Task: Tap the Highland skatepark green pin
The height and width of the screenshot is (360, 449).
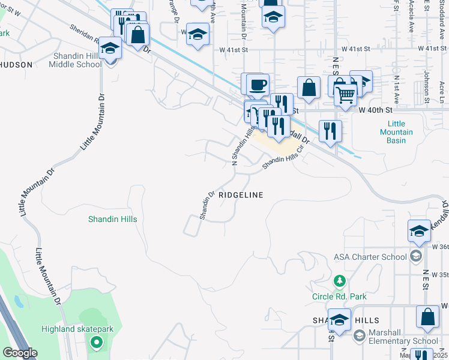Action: [95, 343]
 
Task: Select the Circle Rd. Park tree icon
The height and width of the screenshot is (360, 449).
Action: [340, 281]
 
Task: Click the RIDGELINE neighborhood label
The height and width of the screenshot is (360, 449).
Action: [241, 195]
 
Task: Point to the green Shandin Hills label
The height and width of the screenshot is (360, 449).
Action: [113, 219]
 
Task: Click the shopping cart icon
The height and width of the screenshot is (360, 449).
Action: [345, 94]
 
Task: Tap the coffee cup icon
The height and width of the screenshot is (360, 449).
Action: [258, 84]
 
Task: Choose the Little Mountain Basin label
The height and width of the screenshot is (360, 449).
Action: [396, 132]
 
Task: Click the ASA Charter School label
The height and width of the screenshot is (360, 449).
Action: [370, 257]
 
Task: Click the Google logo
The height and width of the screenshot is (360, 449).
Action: [20, 352]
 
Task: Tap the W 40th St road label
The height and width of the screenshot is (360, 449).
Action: [376, 110]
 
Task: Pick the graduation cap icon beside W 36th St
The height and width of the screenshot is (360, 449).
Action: [420, 230]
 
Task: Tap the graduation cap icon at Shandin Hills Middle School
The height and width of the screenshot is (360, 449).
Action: [110, 48]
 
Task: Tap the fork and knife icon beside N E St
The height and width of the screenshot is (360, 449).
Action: [330, 131]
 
